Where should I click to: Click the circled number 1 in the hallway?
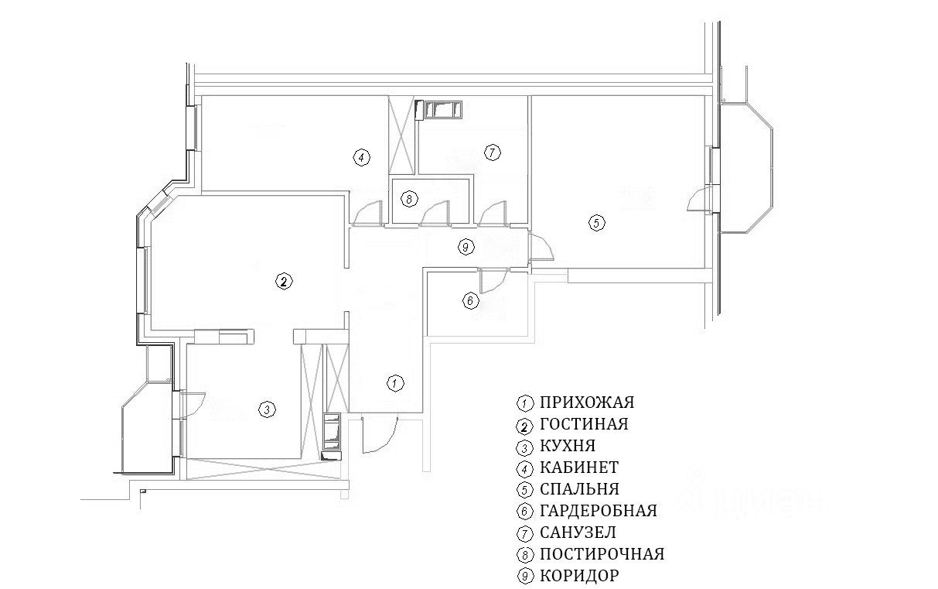click(x=395, y=382)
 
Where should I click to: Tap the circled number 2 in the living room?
click(x=285, y=282)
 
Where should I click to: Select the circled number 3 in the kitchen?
click(x=266, y=409)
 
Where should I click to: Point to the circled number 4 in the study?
click(x=360, y=158)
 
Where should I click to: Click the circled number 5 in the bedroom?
click(x=595, y=223)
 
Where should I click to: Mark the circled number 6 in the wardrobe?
click(x=471, y=300)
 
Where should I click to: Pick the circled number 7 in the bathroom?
click(x=491, y=152)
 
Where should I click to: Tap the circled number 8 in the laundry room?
click(x=409, y=199)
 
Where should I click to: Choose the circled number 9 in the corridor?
click(x=465, y=247)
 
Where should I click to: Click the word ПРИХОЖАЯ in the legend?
click(x=587, y=403)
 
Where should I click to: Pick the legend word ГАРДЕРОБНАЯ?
click(x=599, y=512)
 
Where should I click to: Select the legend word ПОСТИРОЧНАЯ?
click(x=602, y=555)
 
